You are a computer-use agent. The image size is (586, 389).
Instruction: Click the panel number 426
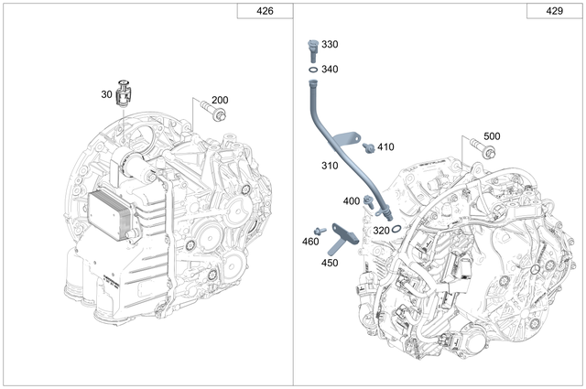[x=264, y=11]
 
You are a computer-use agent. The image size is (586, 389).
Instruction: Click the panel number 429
[x=556, y=11]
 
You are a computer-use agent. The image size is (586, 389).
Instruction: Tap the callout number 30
[x=107, y=93]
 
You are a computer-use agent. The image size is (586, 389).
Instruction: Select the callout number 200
[x=221, y=101]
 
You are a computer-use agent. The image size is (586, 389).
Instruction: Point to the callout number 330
[x=330, y=44]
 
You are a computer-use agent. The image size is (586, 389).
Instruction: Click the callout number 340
[x=330, y=69]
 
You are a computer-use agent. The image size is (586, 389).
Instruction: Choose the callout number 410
[x=385, y=146]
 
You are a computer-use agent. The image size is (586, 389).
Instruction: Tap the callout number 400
[x=352, y=200]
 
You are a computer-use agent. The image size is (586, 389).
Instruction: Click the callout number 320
[x=381, y=231]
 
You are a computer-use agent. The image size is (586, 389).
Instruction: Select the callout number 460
[x=310, y=242]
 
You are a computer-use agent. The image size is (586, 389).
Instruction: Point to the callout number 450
[x=329, y=263]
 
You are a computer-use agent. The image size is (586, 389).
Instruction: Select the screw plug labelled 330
[x=311, y=46]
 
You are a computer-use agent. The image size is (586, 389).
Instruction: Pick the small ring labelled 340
[x=311, y=69]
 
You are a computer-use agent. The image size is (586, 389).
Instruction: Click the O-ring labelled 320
[x=396, y=231]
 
